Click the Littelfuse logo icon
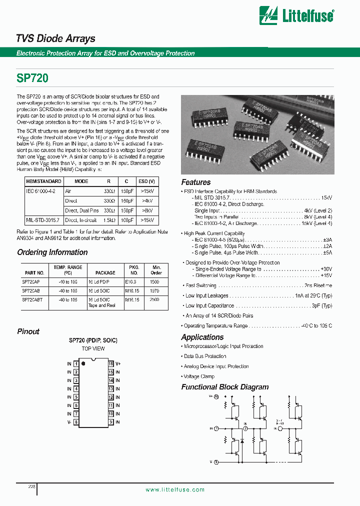[268, 15]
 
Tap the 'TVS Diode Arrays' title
[55, 38]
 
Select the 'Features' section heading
[195, 182]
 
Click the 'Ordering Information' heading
[52, 252]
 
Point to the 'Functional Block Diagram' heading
[224, 387]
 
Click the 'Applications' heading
[202, 337]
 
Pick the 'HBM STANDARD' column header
[43, 181]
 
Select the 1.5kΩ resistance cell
[109, 220]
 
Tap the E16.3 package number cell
[133, 282]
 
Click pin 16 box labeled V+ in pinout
[111, 364]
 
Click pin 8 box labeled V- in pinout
[76, 422]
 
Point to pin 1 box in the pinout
[76, 364]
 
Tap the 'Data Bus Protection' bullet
[205, 356]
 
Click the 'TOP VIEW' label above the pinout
[93, 348]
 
